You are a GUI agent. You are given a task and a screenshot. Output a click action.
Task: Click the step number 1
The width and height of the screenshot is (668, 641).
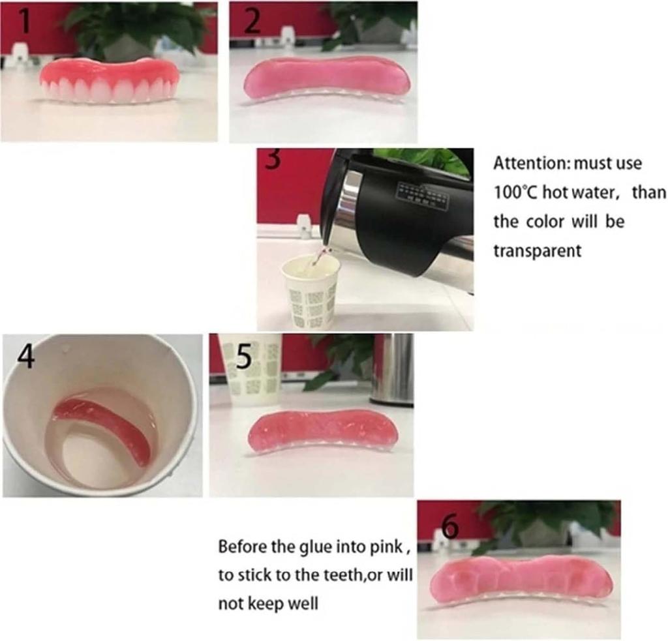point(24,21)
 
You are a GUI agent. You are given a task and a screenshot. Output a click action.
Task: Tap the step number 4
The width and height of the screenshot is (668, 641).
point(25,357)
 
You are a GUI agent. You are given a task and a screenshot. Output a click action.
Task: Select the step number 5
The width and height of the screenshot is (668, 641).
point(244,357)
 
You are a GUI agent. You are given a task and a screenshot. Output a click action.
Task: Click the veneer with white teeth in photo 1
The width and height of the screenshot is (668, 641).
point(109,81)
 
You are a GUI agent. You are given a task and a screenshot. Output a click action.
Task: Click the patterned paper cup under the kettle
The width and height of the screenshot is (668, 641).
point(311,291)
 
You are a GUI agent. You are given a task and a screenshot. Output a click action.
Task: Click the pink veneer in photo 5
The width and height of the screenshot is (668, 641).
point(322,430)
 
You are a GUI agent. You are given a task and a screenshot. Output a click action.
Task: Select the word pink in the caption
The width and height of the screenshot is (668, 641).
point(389,546)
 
